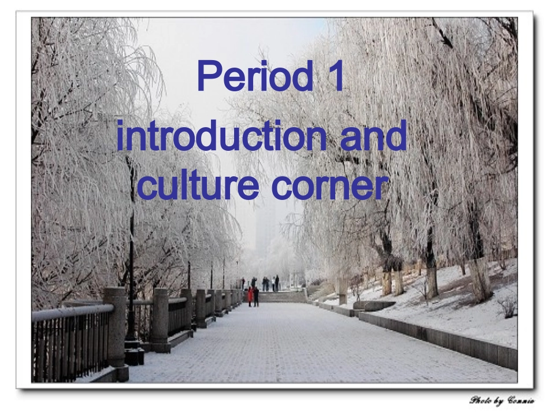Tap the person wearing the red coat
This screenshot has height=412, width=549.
[x=250, y=297]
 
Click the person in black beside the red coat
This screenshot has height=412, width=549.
[x=256, y=296]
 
